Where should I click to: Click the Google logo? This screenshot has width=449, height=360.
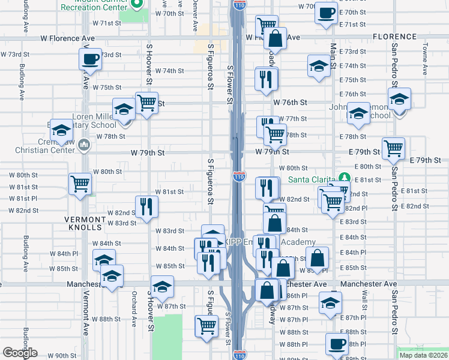click(20, 353)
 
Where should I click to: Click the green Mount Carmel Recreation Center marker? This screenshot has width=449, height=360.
click(136, 4)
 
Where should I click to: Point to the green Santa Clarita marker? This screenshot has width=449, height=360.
click(343, 178)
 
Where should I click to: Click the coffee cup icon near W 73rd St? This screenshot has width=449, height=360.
click(90, 59)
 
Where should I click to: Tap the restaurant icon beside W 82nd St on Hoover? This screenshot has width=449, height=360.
click(146, 206)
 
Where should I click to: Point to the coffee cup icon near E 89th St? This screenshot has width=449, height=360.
click(337, 344)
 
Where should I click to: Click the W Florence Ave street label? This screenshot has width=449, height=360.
click(68, 38)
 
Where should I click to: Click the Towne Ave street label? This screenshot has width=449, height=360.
click(424, 58)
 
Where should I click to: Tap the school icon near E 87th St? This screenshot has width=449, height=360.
click(330, 302)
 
